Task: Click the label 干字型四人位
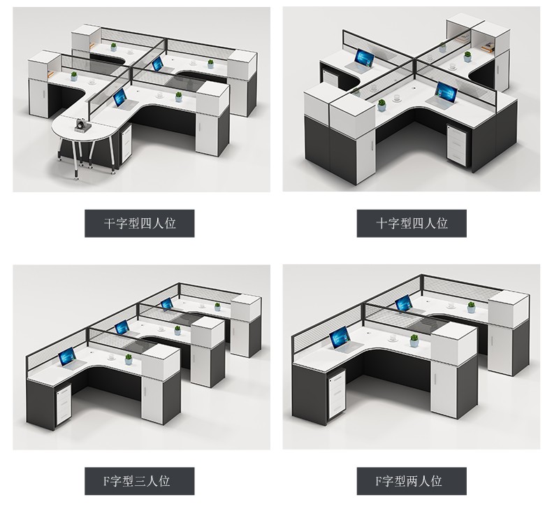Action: (140, 223)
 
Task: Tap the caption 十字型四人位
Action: (412, 223)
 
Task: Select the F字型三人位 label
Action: (136, 481)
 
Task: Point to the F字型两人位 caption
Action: (408, 481)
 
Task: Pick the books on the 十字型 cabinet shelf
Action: (488, 47)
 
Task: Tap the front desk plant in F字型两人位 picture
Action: (414, 341)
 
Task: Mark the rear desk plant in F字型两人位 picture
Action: (471, 307)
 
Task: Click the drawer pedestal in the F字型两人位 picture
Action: (337, 394)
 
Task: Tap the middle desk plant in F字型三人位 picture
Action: (177, 331)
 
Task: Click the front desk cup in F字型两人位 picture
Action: (393, 338)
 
